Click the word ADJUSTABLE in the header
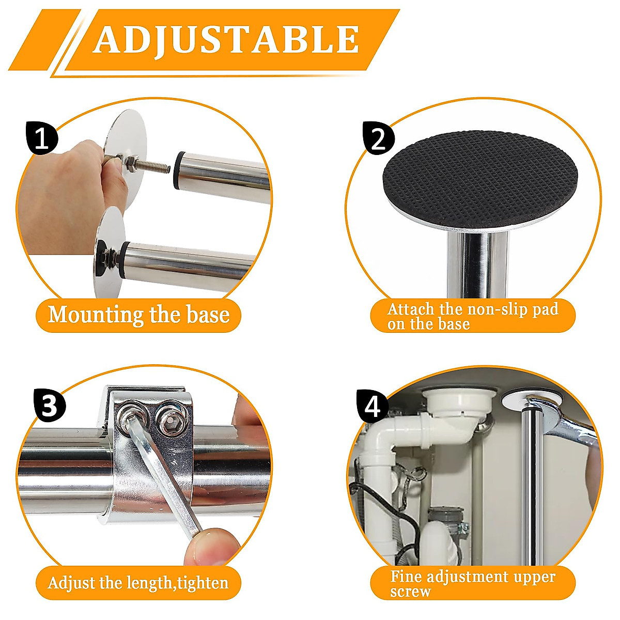[x=226, y=39]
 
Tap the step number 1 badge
[x=41, y=138]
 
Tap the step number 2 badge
[x=379, y=138]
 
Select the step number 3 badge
[x=49, y=406]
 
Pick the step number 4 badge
[x=373, y=407]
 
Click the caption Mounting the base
[x=138, y=315]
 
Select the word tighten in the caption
[x=203, y=583]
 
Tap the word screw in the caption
[x=410, y=591]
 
